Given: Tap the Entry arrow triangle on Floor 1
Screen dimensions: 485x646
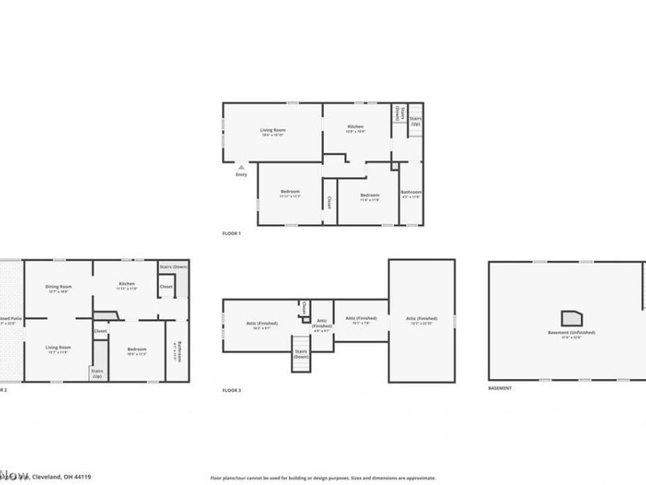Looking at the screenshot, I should [x=241, y=167].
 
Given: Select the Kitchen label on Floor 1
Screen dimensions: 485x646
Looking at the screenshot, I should [x=355, y=127].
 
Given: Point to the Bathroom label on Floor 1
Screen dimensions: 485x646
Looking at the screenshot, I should [x=411, y=192].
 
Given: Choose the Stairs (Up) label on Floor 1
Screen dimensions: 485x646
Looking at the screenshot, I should [x=415, y=121].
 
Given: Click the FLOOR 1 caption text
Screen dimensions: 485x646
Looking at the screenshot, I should [x=232, y=233].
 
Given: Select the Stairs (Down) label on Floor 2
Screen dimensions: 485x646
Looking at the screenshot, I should [x=173, y=266].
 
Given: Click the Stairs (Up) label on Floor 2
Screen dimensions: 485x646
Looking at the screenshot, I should [x=96, y=373].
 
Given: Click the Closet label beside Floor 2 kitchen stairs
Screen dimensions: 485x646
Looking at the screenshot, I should [x=166, y=286].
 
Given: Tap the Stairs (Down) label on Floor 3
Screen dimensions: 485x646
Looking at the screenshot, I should [x=300, y=355].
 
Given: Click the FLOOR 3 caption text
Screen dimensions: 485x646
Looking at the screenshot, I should [x=232, y=390].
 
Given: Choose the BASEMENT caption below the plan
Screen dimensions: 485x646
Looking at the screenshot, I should [x=500, y=389].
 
